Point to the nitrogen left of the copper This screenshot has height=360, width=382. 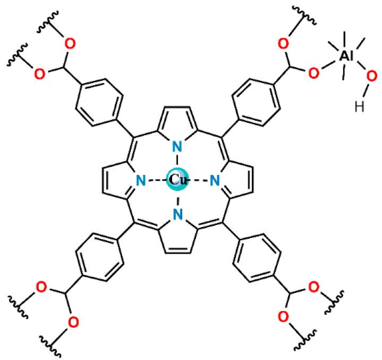pyautogui.click(x=141, y=181)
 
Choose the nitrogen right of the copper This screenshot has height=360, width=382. pyautogui.click(x=215, y=181)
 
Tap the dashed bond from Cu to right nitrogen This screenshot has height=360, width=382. pyautogui.click(x=201, y=181)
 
